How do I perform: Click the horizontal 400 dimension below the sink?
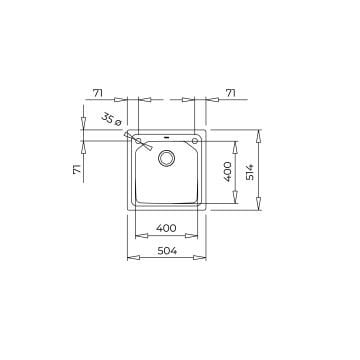pos(168,226)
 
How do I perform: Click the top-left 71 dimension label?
pos(97,93)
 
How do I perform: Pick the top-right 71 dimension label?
pos(230,93)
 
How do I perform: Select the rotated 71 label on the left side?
pos(76,171)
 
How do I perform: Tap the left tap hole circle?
pos(127,136)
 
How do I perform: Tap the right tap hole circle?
pos(200,136)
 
